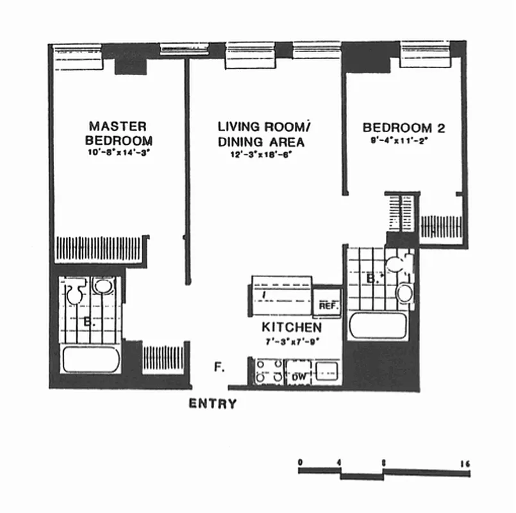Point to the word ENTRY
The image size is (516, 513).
[212, 405]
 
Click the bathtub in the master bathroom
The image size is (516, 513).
[91, 360]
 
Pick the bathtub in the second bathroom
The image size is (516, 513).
[378, 326]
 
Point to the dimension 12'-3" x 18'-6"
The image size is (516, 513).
[261, 155]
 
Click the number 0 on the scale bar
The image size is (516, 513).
[300, 462]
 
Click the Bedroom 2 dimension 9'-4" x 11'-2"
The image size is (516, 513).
[403, 140]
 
